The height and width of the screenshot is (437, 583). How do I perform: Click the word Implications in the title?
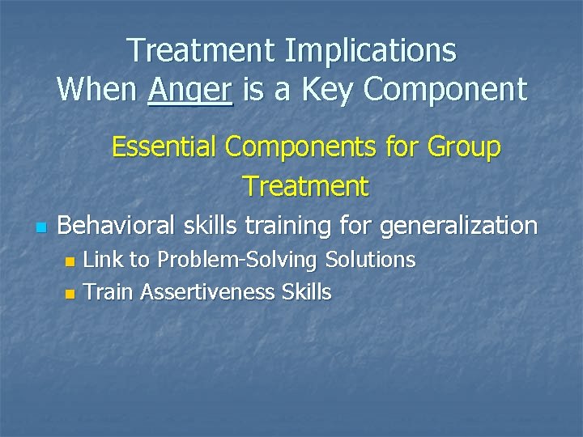(370, 51)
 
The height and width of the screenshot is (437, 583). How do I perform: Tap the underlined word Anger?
(190, 89)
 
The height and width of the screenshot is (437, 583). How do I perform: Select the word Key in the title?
(328, 89)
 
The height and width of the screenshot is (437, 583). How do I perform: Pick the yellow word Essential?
(164, 147)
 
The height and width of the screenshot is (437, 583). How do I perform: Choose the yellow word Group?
(463, 147)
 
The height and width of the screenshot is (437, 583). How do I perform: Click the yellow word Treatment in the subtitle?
(306, 186)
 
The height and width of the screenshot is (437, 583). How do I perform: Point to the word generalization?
(458, 225)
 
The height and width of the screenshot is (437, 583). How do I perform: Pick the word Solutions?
(370, 260)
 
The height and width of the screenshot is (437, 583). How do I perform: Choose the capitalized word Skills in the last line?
(306, 292)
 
